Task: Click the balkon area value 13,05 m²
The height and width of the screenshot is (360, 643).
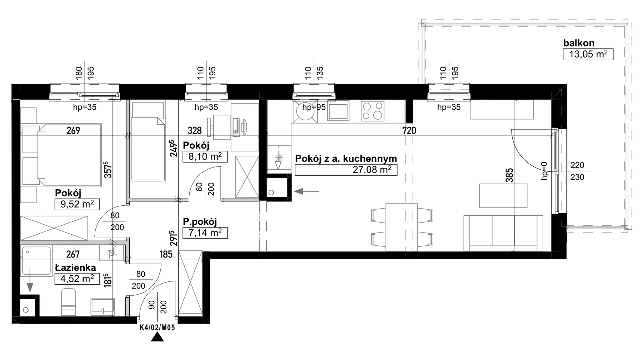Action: (588, 54)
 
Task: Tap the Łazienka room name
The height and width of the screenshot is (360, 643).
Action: (75, 268)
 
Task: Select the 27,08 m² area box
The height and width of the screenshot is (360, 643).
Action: (346, 170)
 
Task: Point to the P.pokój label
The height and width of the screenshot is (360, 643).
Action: (200, 222)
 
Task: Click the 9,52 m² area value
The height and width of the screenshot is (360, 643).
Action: (77, 204)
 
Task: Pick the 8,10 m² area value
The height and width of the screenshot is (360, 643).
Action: (205, 156)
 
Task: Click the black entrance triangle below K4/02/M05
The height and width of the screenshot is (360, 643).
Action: (157, 337)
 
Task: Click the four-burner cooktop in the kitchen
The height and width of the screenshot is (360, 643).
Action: (373, 110)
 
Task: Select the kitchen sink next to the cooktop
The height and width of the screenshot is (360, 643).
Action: (338, 110)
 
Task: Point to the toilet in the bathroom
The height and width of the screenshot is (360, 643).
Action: (69, 302)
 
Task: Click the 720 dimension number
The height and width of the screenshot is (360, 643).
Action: (409, 131)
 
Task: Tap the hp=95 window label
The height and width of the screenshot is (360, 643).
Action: (314, 107)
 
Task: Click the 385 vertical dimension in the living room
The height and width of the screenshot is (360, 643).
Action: (509, 175)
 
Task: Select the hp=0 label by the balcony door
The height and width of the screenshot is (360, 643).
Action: (544, 171)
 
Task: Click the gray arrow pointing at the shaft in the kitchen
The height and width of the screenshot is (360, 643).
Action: (306, 192)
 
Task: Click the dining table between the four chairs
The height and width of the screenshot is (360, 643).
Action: (402, 227)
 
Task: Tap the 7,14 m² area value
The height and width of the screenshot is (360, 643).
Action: (205, 233)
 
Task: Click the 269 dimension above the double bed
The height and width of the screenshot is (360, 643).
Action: (73, 131)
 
